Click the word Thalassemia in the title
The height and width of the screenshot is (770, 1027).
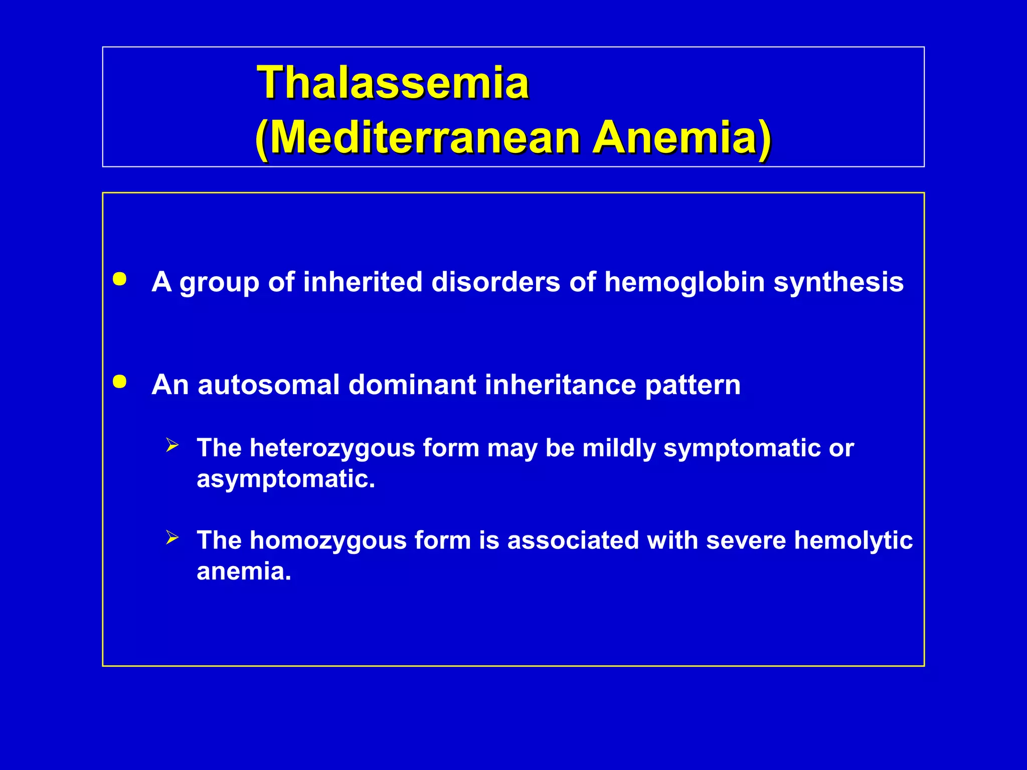[393, 82]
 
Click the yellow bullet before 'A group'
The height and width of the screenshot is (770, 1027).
[120, 279]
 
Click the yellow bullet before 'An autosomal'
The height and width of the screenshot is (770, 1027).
[120, 382]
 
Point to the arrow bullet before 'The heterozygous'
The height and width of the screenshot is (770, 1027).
[172, 445]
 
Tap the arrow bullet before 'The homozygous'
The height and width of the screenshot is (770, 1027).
[172, 538]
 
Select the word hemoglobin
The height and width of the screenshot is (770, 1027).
[684, 282]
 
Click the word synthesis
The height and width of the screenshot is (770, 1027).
[838, 282]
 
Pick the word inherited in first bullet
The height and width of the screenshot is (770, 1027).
[363, 282]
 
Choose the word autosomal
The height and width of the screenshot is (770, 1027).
[269, 385]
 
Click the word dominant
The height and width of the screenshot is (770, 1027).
[412, 385]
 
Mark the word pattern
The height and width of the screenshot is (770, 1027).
[693, 385]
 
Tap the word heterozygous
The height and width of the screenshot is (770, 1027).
[332, 448]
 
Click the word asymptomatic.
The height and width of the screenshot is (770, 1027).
[285, 479]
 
